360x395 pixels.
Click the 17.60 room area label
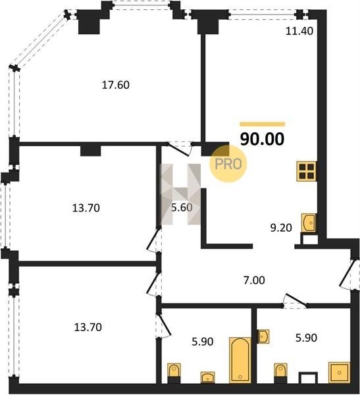(x=116, y=85)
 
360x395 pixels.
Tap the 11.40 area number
(x=299, y=31)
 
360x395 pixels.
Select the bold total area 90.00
(x=262, y=139)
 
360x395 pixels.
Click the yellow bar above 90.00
(x=262, y=124)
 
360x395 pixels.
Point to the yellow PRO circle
(x=228, y=164)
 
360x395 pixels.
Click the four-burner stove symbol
(x=307, y=171)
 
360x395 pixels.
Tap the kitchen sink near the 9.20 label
(x=309, y=223)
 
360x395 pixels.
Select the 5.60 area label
(x=182, y=207)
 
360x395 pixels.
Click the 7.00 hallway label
(x=254, y=280)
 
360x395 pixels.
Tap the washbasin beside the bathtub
(x=208, y=377)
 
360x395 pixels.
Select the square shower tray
(x=340, y=373)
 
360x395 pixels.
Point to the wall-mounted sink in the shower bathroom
(x=263, y=336)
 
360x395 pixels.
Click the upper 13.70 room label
(x=86, y=208)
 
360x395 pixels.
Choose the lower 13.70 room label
(x=88, y=327)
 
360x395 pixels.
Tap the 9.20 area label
(x=281, y=228)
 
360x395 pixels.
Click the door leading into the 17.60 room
(x=180, y=149)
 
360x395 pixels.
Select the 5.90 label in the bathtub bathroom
(x=202, y=342)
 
